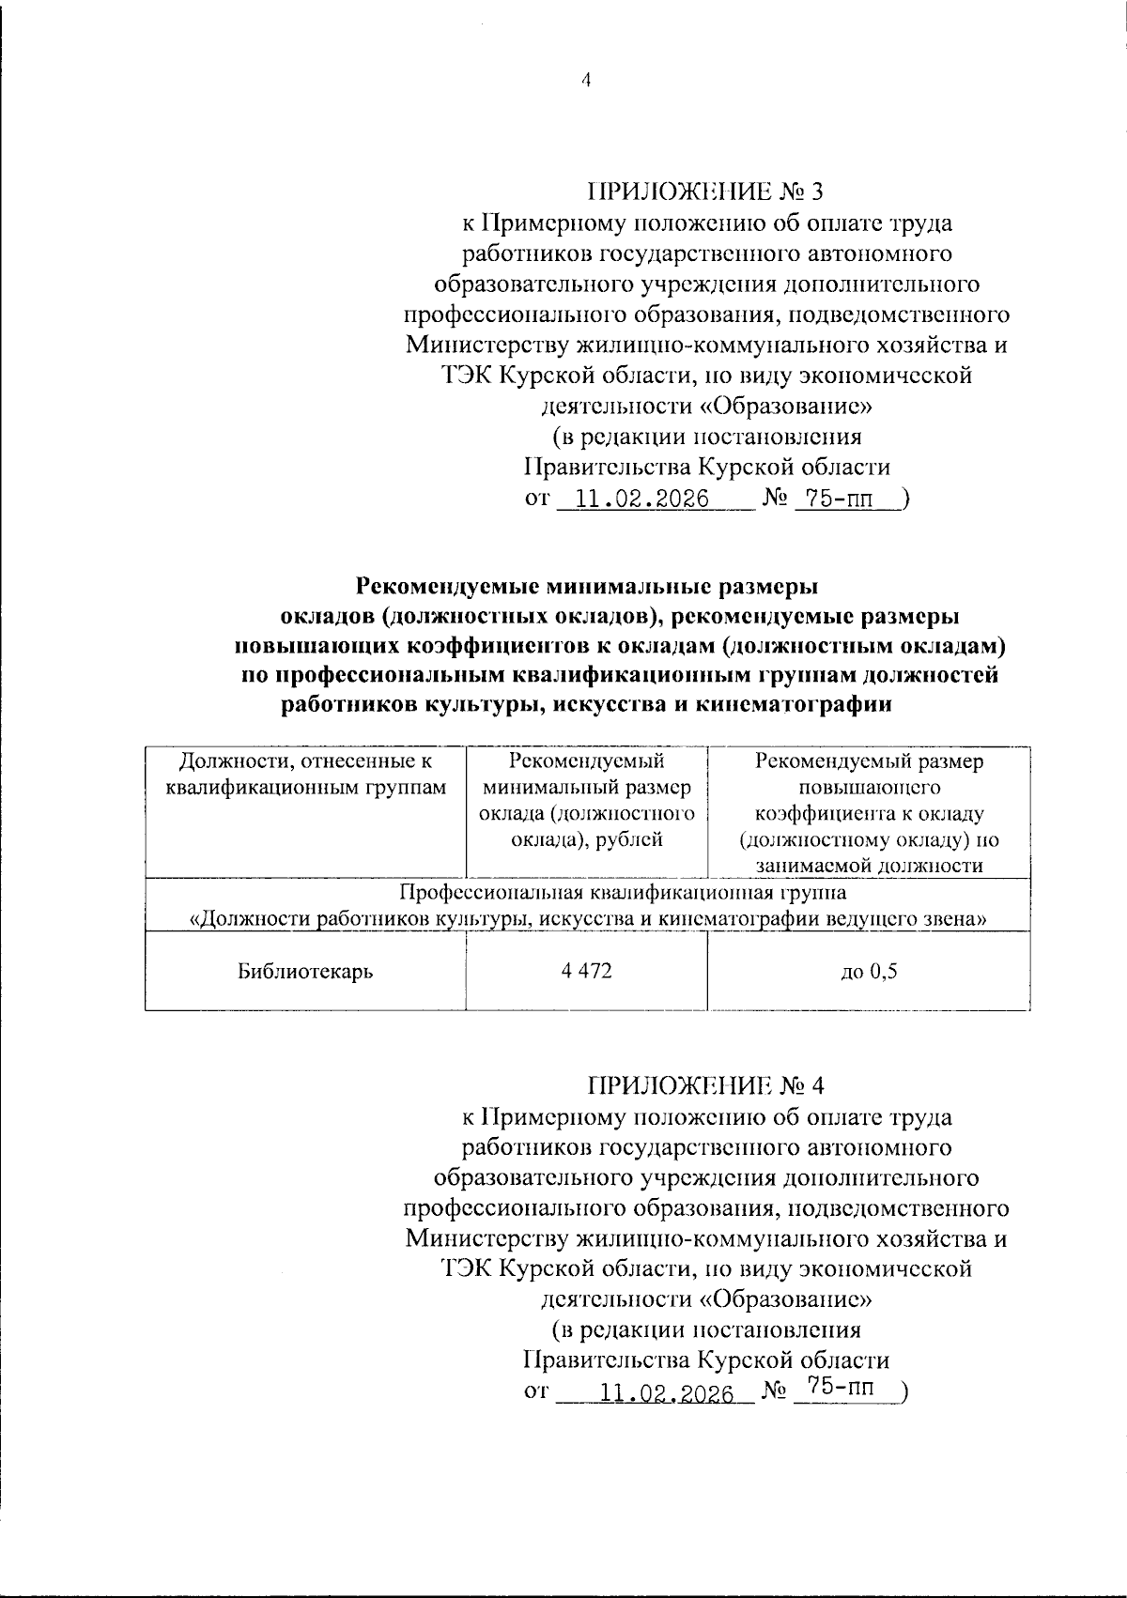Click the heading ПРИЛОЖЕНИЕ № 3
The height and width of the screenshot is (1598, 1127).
[x=705, y=192]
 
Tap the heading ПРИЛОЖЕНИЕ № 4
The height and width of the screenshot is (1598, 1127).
[x=705, y=1086]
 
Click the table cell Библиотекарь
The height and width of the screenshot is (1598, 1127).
[x=305, y=972]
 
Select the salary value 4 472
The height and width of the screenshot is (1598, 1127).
[x=586, y=971]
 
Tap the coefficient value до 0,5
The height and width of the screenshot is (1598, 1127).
[x=869, y=972]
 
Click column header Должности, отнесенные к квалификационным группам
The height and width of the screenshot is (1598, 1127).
[x=305, y=774]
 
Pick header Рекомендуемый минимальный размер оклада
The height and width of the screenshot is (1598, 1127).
[x=586, y=800]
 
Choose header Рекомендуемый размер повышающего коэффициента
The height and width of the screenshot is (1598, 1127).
[x=869, y=813]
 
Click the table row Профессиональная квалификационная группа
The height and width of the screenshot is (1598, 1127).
[x=587, y=905]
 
